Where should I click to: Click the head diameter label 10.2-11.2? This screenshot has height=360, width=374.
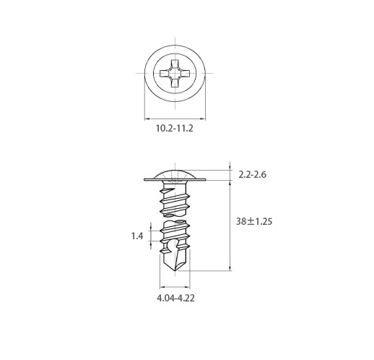click(x=175, y=128)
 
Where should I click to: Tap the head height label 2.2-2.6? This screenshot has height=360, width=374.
click(x=253, y=174)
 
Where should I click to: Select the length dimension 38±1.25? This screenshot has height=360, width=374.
click(x=254, y=221)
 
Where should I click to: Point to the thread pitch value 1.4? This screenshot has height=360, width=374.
click(x=137, y=236)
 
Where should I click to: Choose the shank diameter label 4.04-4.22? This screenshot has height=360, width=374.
click(x=175, y=298)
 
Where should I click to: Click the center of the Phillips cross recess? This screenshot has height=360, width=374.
click(x=175, y=73)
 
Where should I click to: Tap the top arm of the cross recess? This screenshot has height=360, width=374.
click(x=175, y=64)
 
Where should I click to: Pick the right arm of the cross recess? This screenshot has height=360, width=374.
click(x=185, y=73)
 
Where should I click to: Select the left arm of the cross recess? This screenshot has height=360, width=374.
click(x=165, y=73)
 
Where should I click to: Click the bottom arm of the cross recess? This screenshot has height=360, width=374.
click(x=175, y=82)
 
